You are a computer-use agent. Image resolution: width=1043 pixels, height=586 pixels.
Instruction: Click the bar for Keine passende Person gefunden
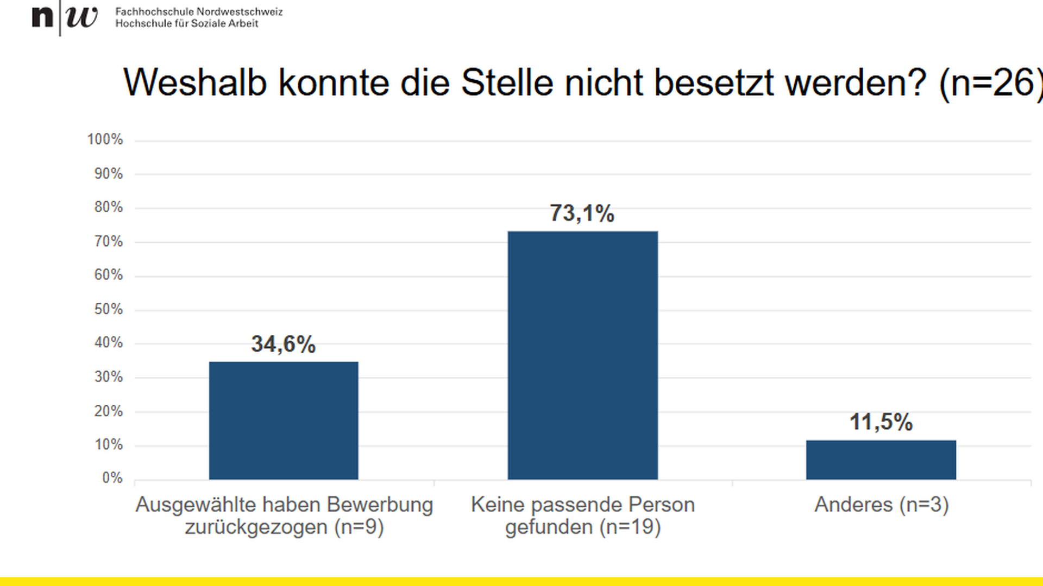click(582, 355)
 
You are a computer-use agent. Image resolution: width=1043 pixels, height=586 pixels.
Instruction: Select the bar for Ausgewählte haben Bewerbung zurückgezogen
click(284, 421)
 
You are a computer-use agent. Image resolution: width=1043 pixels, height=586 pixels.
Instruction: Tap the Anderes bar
click(881, 460)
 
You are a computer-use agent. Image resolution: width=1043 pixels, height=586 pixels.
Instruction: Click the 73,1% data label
click(582, 213)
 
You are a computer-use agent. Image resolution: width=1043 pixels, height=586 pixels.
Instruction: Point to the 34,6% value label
click(283, 344)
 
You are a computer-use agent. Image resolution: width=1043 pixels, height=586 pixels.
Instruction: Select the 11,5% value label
click(881, 422)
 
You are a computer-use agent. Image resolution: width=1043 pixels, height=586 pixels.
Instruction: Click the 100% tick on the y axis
click(105, 139)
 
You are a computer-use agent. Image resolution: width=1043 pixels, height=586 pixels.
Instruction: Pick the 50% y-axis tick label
click(108, 309)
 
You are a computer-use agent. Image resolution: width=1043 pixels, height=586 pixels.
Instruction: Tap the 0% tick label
click(112, 478)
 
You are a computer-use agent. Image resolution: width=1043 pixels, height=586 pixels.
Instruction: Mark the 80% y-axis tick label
click(108, 207)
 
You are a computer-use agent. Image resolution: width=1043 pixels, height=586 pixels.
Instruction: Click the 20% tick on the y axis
click(108, 411)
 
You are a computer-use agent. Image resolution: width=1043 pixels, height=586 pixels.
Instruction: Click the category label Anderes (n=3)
click(881, 505)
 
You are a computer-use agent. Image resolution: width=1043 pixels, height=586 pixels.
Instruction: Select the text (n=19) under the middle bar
click(630, 527)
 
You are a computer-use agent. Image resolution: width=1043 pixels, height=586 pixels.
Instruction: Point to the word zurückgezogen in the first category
click(256, 527)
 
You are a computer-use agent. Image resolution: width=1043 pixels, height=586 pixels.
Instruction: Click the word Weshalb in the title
click(195, 83)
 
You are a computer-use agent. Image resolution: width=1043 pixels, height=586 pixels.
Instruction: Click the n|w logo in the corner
click(65, 17)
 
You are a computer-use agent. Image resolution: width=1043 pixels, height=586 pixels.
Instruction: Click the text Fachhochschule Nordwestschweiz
click(199, 11)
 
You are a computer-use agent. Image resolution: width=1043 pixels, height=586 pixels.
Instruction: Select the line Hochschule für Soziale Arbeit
click(186, 23)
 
